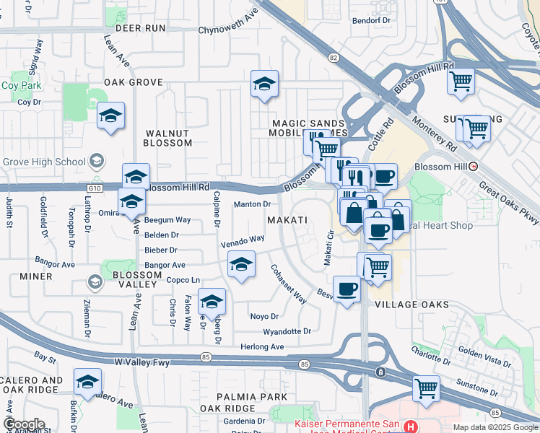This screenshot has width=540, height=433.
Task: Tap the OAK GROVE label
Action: [x=134, y=83]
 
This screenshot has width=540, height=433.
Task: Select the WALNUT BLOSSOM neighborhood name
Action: [x=168, y=138]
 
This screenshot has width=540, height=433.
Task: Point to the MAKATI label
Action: [x=287, y=219]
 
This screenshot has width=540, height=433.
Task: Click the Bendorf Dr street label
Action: [x=371, y=20]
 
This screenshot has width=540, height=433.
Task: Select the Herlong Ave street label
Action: [x=262, y=347]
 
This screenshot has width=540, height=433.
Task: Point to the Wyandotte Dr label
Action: [x=287, y=331]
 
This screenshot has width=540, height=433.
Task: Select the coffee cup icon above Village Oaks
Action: [x=347, y=289]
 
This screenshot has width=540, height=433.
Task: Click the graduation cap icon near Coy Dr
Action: [x=110, y=115]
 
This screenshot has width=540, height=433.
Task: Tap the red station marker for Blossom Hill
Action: [x=474, y=166]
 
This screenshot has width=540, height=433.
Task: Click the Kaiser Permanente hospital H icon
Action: [x=410, y=427]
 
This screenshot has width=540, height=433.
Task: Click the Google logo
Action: [x=24, y=424]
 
